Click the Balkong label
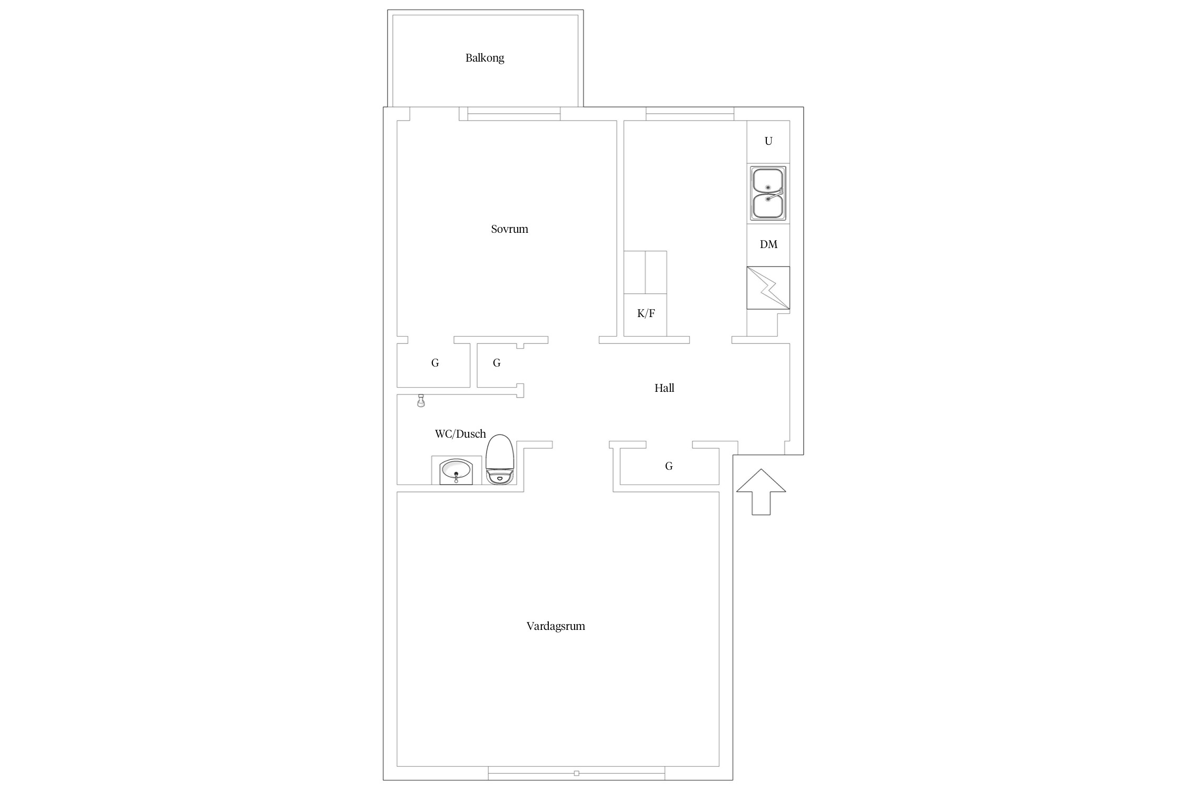[x=485, y=58]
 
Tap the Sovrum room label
[x=509, y=229]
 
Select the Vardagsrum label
[x=556, y=626]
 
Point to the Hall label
[x=664, y=388]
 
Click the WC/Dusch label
[x=460, y=434]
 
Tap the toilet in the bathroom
[x=499, y=459]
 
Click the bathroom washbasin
[x=456, y=471]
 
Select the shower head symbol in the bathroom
[x=421, y=401]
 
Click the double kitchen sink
[x=768, y=193]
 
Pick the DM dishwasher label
[x=768, y=244]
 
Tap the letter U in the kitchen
[x=768, y=141]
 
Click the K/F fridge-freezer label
[x=646, y=314]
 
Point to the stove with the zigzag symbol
[x=768, y=288]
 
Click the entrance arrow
[x=761, y=492]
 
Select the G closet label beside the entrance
[x=669, y=466]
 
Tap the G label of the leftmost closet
[x=435, y=363]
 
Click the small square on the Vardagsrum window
[x=577, y=774]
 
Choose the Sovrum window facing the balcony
[x=513, y=114]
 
